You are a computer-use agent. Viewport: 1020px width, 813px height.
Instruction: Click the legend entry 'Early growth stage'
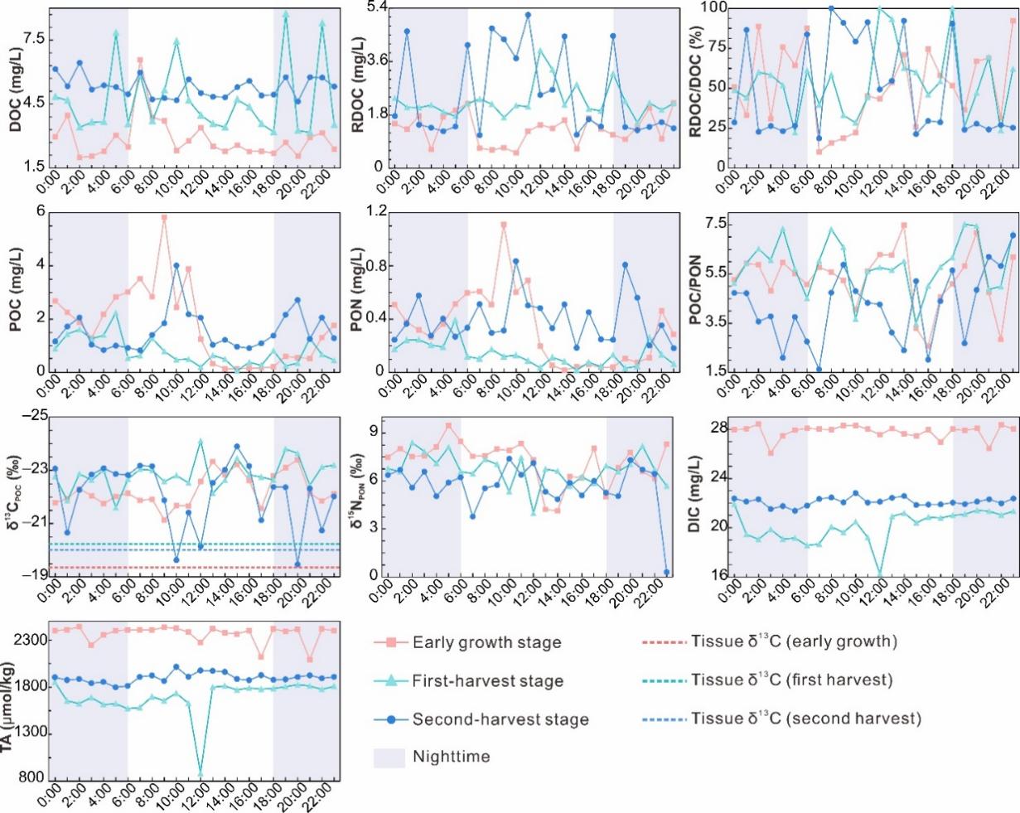tap(486, 642)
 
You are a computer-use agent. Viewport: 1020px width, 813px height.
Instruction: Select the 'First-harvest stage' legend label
tap(488, 680)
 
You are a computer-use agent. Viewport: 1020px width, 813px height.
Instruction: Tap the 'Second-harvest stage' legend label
tap(500, 719)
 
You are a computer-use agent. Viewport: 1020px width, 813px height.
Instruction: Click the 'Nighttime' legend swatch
tap(388, 756)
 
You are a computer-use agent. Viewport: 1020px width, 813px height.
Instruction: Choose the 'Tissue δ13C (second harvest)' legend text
tap(805, 719)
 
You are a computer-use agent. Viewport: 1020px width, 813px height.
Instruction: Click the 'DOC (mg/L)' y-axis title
tap(15, 87)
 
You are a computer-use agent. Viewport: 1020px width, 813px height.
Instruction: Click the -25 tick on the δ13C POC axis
tap(32, 416)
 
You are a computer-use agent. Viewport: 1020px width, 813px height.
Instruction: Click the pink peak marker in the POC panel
tap(164, 217)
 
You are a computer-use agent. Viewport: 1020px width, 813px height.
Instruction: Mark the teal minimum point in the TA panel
tap(200, 774)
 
